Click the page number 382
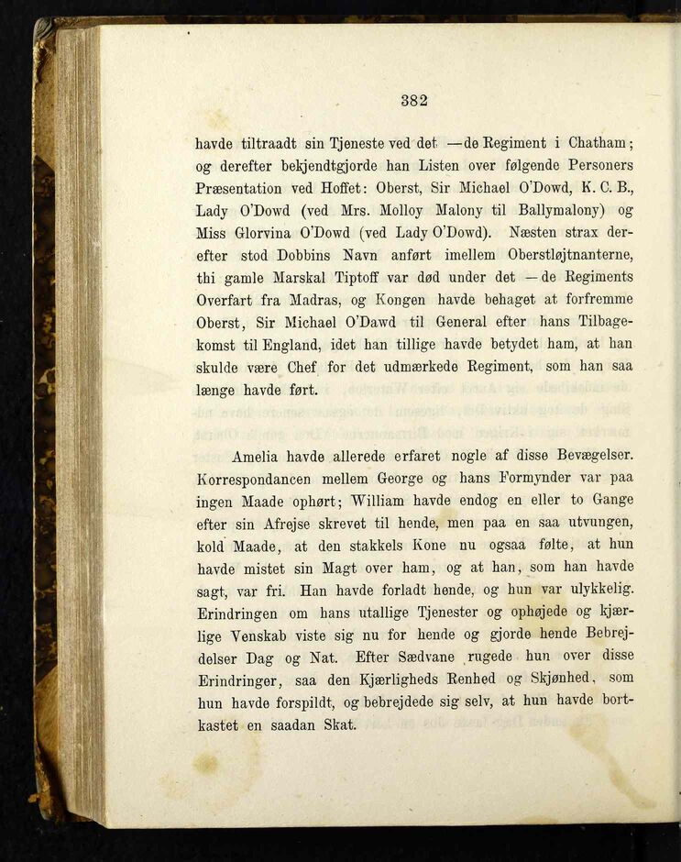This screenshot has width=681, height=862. click(x=414, y=101)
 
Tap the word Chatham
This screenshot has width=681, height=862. click(x=600, y=143)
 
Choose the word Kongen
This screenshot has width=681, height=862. click(x=401, y=300)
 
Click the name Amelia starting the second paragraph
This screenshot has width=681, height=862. click(x=259, y=456)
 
